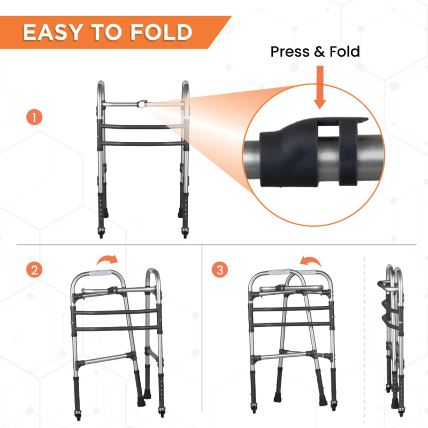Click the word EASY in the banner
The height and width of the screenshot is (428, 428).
[52, 32]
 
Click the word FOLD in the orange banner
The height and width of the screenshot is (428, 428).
[162, 32]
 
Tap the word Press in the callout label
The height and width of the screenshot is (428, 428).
[290, 51]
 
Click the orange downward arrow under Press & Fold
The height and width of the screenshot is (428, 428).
[319, 87]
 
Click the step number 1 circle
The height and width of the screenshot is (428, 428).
[34, 117]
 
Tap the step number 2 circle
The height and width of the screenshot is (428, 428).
[34, 270]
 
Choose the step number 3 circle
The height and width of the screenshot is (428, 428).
[220, 270]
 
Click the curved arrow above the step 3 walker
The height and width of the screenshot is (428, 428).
[311, 261]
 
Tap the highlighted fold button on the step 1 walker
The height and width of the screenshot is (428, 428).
[142, 104]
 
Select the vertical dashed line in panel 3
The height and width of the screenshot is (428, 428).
[364, 334]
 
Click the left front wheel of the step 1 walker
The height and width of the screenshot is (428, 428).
[101, 234]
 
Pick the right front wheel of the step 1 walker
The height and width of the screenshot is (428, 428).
[185, 234]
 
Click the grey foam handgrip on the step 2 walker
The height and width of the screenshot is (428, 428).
[101, 273]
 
